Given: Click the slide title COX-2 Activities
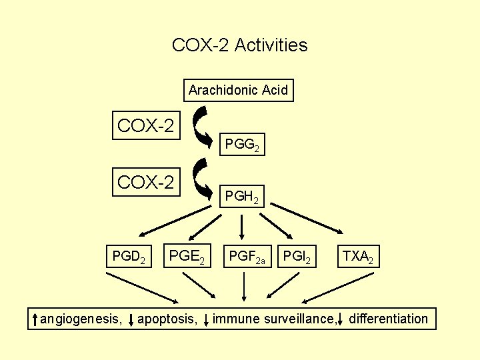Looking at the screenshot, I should coord(239,45).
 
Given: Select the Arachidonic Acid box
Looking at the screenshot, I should coord(238,90).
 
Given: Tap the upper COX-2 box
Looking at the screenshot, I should coord(146,125).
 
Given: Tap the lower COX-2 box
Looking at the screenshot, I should coord(146,181).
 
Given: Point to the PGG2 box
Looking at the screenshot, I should coord(242,144).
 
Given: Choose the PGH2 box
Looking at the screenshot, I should coord(243,197).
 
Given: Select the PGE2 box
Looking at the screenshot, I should coord(187,256).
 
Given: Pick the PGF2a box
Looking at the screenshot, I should coord(247,256).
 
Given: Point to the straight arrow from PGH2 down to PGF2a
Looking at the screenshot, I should coord(244,227).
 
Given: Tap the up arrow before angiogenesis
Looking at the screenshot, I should coord(36,319).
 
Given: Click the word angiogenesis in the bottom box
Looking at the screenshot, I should coord(81,319).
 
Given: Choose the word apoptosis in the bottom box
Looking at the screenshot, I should coord(167,319).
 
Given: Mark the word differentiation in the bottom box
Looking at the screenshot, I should coord(388,319).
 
